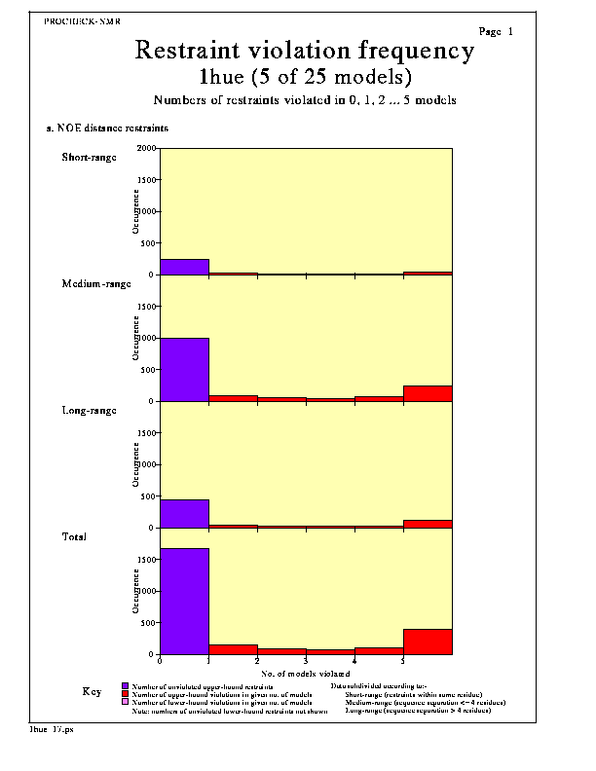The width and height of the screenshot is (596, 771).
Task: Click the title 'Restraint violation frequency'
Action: [x=304, y=50]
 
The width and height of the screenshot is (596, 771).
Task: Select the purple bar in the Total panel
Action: [x=184, y=601]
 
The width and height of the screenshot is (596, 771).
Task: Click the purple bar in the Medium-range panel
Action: [x=184, y=369]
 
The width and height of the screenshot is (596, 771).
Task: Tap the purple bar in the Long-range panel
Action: [x=184, y=513]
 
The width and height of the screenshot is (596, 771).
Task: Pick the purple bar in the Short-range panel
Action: [x=184, y=267]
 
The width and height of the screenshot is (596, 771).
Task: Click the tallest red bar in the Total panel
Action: [x=428, y=642]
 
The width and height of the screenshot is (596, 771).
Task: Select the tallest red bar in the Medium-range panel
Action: [x=428, y=393]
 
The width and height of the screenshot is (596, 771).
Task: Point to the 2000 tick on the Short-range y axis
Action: [x=146, y=149]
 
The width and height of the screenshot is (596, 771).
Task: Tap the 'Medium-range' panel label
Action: [x=95, y=283]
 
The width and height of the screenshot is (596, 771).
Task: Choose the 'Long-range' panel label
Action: [x=89, y=410]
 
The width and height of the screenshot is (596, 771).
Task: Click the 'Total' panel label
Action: [x=74, y=536]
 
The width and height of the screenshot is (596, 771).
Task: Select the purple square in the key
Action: [x=125, y=686]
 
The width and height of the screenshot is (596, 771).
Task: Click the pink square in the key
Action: [x=125, y=702]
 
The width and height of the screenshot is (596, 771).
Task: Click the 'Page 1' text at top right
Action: [x=496, y=32]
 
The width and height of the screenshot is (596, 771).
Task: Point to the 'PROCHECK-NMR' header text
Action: [x=83, y=19]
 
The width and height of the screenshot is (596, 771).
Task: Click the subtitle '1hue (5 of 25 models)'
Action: [x=304, y=76]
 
